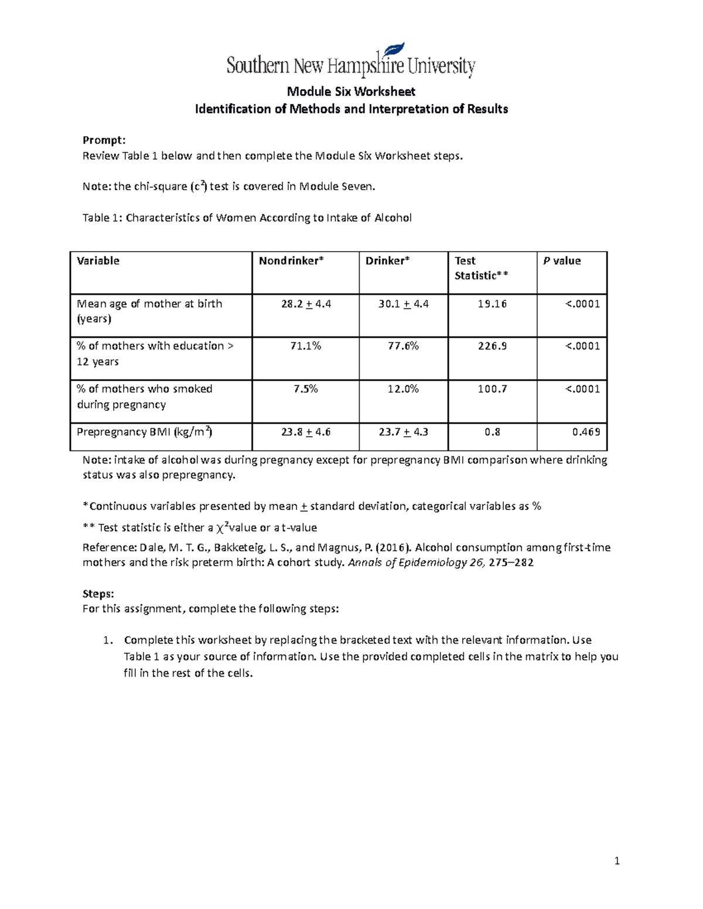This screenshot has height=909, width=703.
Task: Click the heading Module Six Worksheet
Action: tap(351, 91)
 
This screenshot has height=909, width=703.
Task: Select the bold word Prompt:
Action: tap(104, 140)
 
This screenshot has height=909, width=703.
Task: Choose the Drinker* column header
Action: tap(387, 261)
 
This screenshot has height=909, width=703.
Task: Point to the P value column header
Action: tap(562, 261)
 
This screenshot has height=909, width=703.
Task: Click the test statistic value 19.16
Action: tap(492, 304)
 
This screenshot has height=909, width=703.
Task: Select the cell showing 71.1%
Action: tap(306, 346)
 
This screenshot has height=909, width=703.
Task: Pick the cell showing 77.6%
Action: tap(403, 346)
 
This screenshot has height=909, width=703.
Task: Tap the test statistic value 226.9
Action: tap(492, 346)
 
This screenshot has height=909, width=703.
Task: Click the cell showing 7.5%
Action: tap(306, 389)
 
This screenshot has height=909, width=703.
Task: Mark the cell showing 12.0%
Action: tap(403, 389)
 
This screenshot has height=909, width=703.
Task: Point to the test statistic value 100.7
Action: tap(492, 389)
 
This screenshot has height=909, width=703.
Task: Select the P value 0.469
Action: tap(586, 432)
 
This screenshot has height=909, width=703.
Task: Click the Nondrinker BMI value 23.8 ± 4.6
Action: tap(306, 432)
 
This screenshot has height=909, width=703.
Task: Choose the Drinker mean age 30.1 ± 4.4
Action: tap(403, 304)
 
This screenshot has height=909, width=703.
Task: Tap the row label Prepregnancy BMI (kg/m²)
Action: tap(144, 432)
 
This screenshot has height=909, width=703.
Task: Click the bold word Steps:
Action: tap(98, 594)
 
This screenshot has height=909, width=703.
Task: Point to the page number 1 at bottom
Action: tap(616, 860)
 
